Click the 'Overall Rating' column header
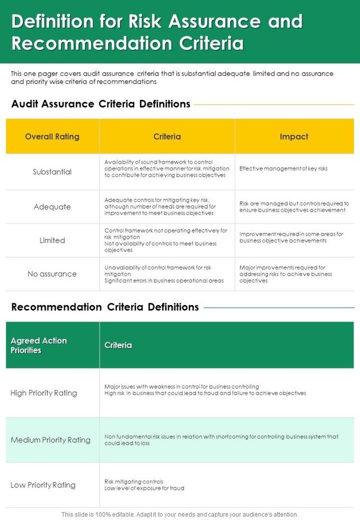(x=52, y=137)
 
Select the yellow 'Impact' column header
(x=294, y=137)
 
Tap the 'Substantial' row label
(x=52, y=172)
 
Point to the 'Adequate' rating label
(x=52, y=207)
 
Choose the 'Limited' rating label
(x=52, y=240)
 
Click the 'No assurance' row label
(x=52, y=274)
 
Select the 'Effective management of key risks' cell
(x=283, y=168)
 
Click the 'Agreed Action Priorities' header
(x=39, y=345)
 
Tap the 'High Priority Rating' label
(x=44, y=393)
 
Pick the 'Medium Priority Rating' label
(x=51, y=440)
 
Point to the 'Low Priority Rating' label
(x=43, y=485)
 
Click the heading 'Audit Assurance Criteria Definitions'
(x=101, y=104)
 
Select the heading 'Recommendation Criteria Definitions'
(x=105, y=307)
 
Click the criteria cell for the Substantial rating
(x=167, y=168)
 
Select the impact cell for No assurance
(x=286, y=274)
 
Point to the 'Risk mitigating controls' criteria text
(x=134, y=481)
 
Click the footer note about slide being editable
(x=179, y=514)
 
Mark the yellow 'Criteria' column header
(x=167, y=137)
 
